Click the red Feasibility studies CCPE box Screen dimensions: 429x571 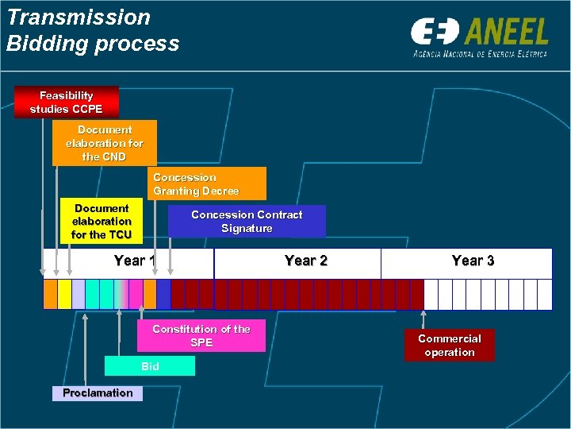point(67,102)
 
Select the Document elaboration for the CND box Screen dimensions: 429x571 point(105,143)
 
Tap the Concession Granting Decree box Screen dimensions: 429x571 point(208,184)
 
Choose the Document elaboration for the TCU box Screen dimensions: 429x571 point(101,222)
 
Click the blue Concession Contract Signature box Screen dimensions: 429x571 point(247,222)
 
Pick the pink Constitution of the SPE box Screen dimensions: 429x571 point(201,335)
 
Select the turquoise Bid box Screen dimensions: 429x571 point(150,366)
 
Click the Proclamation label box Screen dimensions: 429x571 point(98,392)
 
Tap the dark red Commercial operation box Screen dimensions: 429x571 point(449,346)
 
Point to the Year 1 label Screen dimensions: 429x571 point(136,261)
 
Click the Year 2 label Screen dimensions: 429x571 point(305,261)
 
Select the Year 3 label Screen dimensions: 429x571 point(473,261)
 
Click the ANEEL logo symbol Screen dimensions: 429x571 point(435,33)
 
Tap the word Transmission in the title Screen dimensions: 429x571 point(79,17)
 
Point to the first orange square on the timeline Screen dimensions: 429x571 point(50,295)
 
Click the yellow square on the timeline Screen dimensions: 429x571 point(64,295)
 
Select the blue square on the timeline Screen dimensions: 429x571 point(163,295)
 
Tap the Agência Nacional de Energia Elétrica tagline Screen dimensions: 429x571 point(480,53)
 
